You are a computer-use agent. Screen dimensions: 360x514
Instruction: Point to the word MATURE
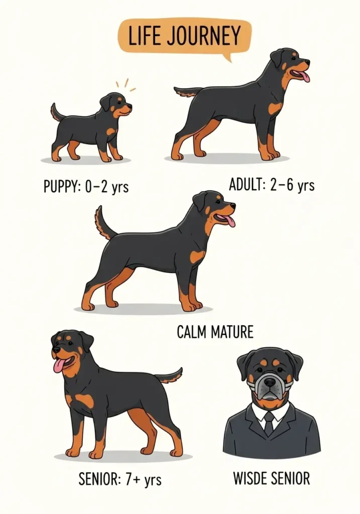tap(232, 332)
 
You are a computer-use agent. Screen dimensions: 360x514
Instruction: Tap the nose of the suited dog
tap(270, 382)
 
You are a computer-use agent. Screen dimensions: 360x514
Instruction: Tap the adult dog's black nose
tap(307, 61)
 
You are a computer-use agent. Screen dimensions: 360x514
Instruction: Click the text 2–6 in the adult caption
tap(282, 185)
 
